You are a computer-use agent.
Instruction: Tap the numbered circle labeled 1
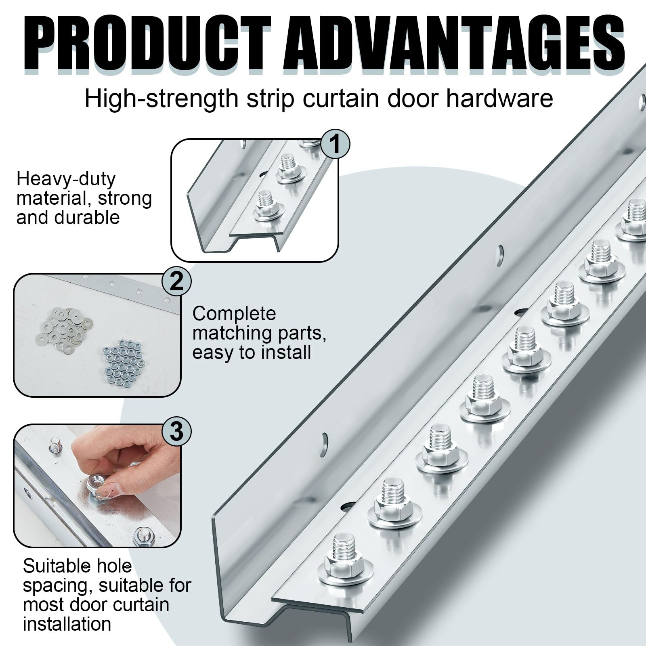coord(336,144)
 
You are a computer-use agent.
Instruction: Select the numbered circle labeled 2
coord(176,281)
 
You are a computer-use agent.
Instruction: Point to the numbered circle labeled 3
coord(176,432)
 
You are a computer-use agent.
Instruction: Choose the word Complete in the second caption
coord(234,314)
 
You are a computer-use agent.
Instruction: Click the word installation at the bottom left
coord(67,624)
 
